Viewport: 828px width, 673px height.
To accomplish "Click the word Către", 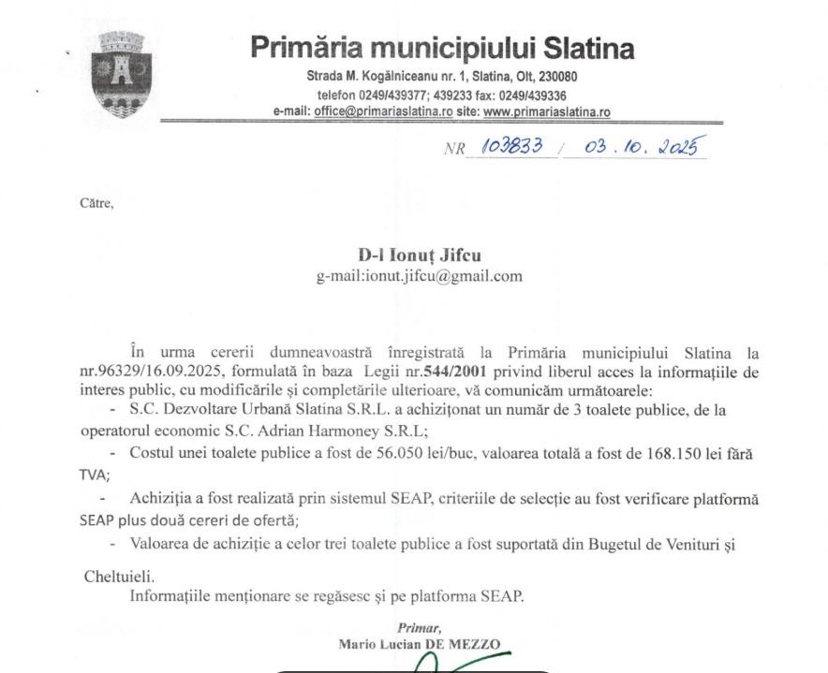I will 96,201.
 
